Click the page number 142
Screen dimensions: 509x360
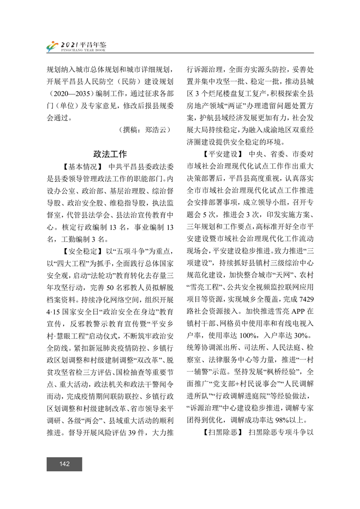tap(64, 464)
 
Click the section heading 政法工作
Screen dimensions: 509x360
tap(110, 153)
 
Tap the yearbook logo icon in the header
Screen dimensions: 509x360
tap(52, 46)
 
